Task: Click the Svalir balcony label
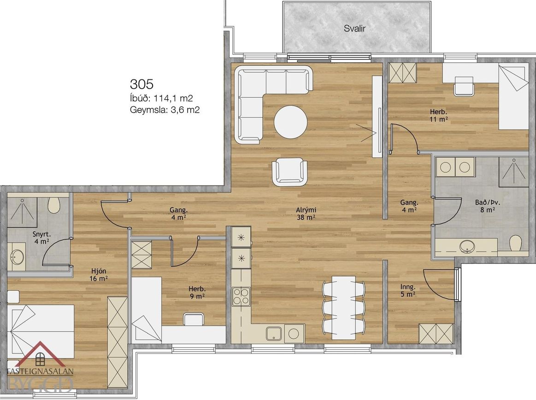coord(354,29)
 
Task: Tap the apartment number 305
coord(141,84)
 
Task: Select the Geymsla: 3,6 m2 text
coord(165,110)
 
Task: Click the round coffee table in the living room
coord(290,122)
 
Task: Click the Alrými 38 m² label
coord(306,214)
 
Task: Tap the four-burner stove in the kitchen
coord(241,296)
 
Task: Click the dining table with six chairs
coord(344,308)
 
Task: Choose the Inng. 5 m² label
coord(408,290)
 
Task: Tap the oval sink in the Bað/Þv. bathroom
coord(466,246)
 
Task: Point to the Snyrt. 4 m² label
coord(41,238)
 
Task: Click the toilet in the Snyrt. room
coord(54,205)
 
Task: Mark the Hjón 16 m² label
coord(97,275)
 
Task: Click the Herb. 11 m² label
coord(439,116)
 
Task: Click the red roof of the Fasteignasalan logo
coord(40,354)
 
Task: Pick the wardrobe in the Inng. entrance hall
coord(436,333)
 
